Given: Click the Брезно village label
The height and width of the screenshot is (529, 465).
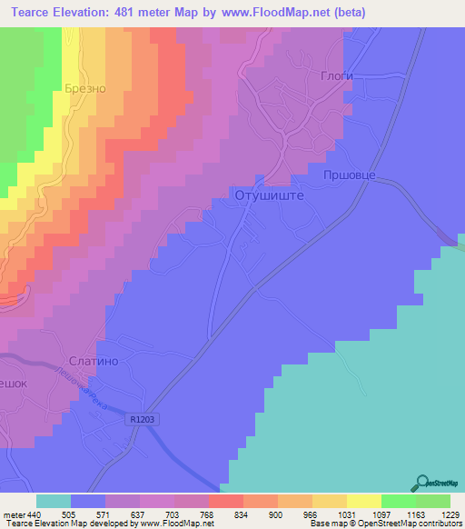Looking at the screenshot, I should click(86, 89).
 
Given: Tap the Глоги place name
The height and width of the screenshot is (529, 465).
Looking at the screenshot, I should click(336, 76).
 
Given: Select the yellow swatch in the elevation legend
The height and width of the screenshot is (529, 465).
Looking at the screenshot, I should click(363, 501).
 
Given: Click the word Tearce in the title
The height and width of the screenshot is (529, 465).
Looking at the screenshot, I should click(26, 13).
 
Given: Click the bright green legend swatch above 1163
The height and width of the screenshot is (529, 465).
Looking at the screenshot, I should click(398, 501).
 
